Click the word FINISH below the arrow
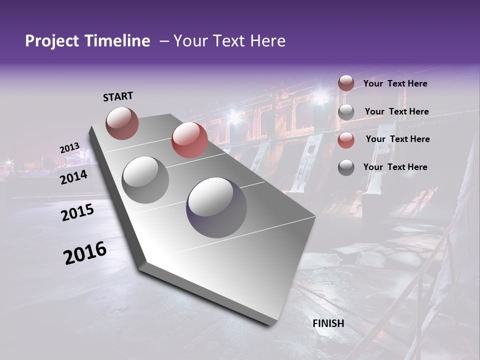click(x=328, y=323)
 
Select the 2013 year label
click(x=69, y=148)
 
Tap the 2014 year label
click(x=73, y=177)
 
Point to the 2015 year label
click(x=77, y=212)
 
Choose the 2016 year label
click(x=85, y=252)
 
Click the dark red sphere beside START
click(x=122, y=123)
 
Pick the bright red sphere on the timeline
click(x=189, y=140)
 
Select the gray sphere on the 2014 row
click(x=145, y=179)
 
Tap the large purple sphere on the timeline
click(x=216, y=207)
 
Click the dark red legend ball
click(x=346, y=83)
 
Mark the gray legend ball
click(x=346, y=112)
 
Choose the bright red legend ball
click(x=346, y=140)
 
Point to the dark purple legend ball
click(x=346, y=167)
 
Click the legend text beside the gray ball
click(x=396, y=111)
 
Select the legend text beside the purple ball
click(x=395, y=167)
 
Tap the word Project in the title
click(x=52, y=41)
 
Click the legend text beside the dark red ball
click(x=395, y=83)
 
